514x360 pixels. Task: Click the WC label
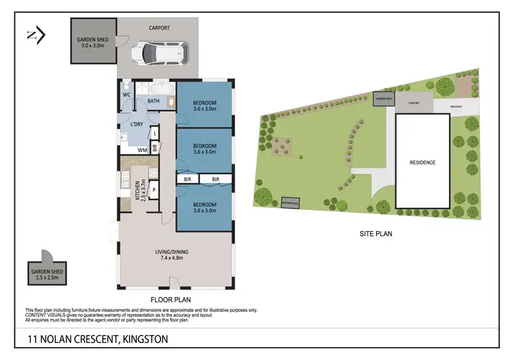(x=127, y=95)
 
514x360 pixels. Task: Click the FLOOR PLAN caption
(x=171, y=300)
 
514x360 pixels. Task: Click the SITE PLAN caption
(x=376, y=234)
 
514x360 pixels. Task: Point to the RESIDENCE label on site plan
(x=422, y=163)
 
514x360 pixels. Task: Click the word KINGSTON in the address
(x=145, y=339)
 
